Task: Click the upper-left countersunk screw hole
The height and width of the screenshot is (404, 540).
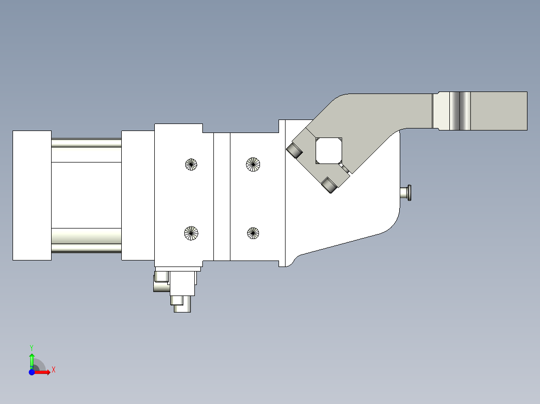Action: coord(191,164)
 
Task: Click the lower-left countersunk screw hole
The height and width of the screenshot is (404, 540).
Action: coord(191,233)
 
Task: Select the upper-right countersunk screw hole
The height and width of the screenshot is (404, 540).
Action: coord(253,164)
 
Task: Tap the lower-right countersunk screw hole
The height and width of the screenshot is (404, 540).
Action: coord(253,233)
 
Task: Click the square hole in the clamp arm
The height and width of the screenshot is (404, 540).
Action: coord(329,151)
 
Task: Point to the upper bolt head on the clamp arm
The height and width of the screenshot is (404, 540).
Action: coord(294,150)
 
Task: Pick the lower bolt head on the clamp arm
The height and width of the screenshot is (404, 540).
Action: coord(329,185)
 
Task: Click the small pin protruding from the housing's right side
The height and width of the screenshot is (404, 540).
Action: coord(406,192)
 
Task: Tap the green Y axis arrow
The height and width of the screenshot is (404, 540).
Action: coord(32,361)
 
